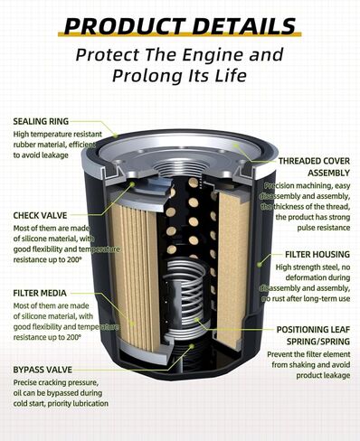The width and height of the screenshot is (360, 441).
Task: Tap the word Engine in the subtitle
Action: pos(222,54)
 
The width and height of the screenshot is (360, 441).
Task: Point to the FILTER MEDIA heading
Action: pos(44,293)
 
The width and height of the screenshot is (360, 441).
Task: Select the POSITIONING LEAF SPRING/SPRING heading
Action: pos(308,335)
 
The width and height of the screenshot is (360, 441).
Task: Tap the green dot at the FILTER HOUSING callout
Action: pos(261,263)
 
